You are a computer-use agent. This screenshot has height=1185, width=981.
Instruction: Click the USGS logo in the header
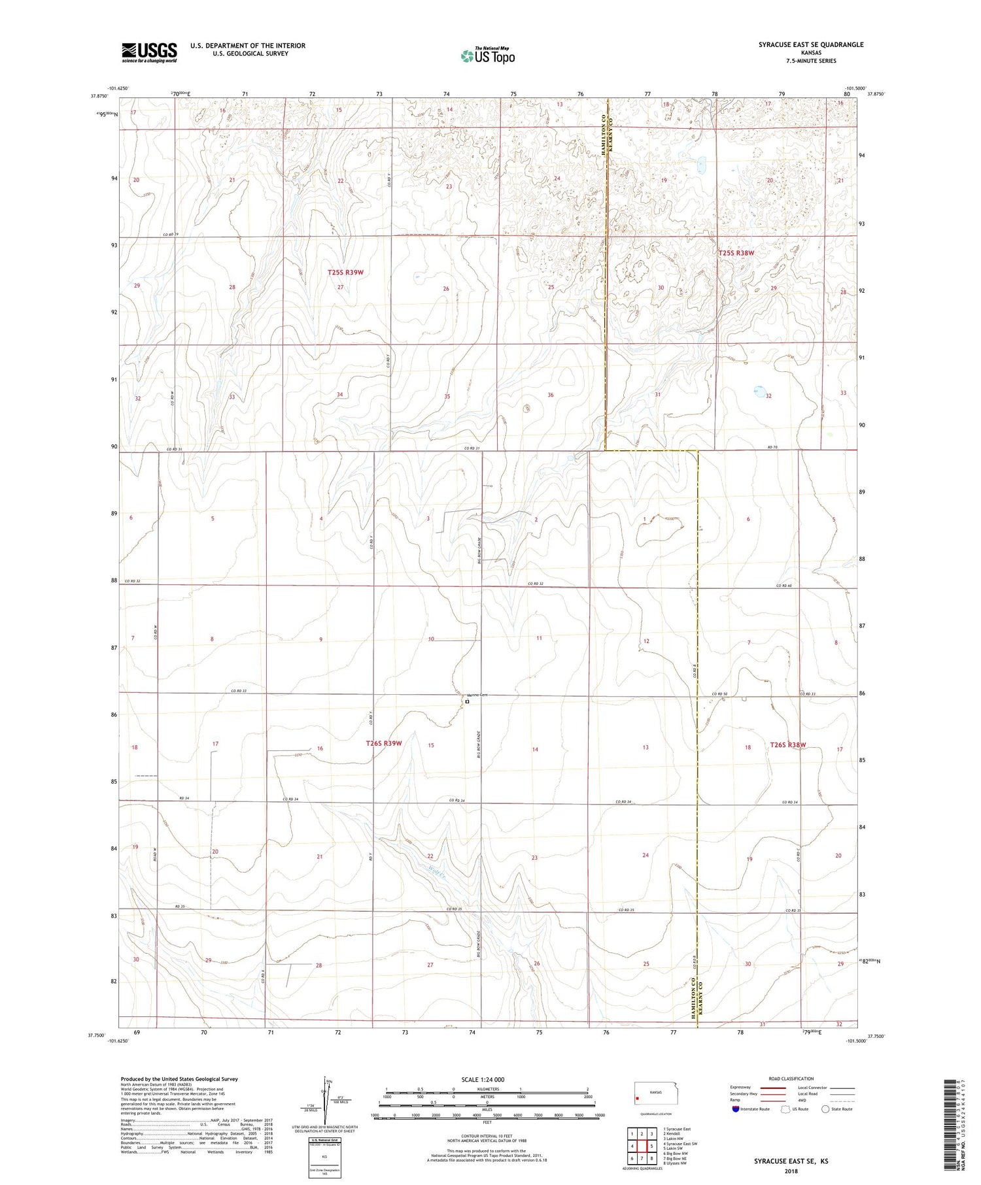click(149, 52)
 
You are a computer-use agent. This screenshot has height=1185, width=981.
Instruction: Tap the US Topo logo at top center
click(488, 56)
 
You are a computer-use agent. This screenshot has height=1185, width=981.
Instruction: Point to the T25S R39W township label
click(345, 272)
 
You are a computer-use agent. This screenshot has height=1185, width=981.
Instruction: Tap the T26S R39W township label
click(383, 743)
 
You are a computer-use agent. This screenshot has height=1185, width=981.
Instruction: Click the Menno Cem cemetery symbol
click(468, 702)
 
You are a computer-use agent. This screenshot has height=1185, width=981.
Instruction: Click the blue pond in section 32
click(759, 392)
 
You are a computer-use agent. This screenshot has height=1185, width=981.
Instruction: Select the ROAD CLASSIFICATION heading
click(791, 1078)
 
